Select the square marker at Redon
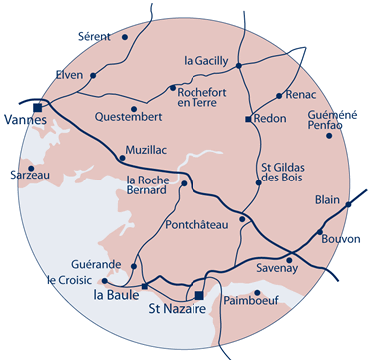click(x=248, y=119)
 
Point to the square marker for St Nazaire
click(x=198, y=296)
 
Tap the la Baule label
click(x=116, y=296)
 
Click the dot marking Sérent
click(x=125, y=37)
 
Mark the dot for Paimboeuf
click(x=258, y=293)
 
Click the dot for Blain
click(x=349, y=204)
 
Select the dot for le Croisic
click(x=105, y=281)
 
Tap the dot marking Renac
click(x=279, y=96)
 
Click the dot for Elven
click(x=93, y=75)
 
